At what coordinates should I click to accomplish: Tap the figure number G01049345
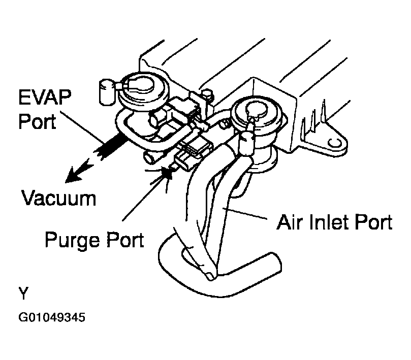tap(51, 319)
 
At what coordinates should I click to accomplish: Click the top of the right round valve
tap(252, 109)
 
